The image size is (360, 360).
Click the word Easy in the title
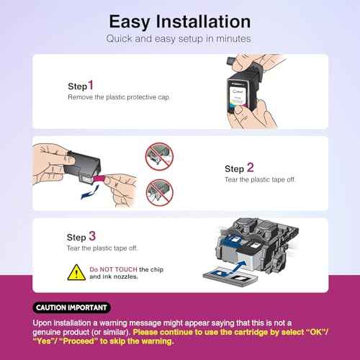[x=128, y=21]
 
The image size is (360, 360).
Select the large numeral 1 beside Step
[x=91, y=84]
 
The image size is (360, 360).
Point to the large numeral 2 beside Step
[x=250, y=168]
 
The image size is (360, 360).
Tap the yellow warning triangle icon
[x=76, y=271]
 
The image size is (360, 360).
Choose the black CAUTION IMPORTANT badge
[x=71, y=307]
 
